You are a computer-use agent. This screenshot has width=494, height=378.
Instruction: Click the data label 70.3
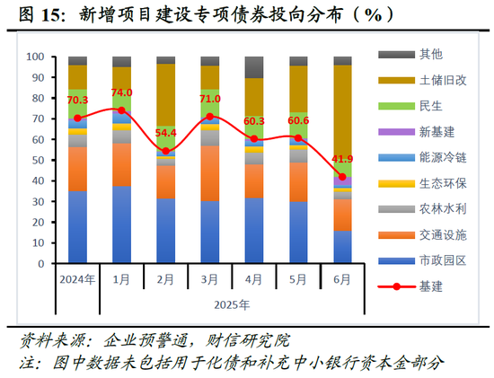click(x=77, y=101)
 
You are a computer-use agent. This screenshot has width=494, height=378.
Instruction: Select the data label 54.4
click(x=166, y=134)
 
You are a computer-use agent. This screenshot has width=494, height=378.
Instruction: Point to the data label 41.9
click(x=342, y=160)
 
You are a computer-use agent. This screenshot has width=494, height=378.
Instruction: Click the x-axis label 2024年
click(x=78, y=278)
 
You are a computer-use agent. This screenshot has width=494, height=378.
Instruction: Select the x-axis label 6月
click(x=342, y=278)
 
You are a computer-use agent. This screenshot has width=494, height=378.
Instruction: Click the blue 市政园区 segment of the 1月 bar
click(x=122, y=225)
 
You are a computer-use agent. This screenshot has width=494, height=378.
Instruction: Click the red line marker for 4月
click(x=254, y=139)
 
